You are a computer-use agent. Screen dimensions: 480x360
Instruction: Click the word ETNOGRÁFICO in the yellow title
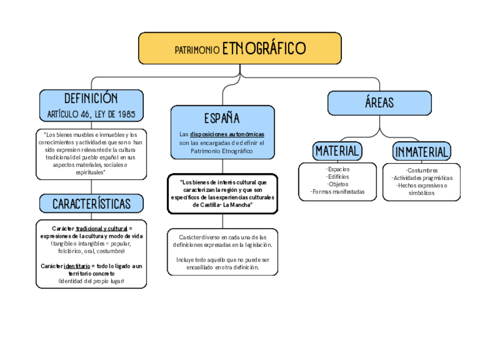[264, 48]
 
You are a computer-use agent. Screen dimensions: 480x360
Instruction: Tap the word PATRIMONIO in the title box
[197, 50]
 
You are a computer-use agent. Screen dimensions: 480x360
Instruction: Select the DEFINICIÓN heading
[91, 98]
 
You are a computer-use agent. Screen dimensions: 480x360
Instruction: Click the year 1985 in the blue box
[126, 114]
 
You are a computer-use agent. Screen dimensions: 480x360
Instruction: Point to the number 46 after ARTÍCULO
[85, 114]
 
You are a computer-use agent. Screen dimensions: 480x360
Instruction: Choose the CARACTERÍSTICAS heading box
[91, 204]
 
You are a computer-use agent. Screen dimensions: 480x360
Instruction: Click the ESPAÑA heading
[222, 118]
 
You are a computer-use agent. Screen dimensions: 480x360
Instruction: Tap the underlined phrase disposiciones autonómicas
[227, 134]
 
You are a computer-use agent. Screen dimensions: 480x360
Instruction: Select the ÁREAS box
[380, 103]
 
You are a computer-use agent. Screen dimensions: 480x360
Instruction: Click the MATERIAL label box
[337, 151]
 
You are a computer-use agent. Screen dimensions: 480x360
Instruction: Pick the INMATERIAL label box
[422, 152]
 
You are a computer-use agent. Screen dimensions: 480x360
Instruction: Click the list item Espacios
[338, 169]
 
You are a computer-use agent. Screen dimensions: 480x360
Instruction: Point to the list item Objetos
[338, 185]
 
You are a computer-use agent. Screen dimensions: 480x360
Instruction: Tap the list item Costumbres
[422, 170]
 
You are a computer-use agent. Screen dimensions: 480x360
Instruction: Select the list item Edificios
[338, 177]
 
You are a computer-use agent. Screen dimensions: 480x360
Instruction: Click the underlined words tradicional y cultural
[102, 229]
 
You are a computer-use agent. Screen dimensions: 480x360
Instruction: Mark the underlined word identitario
[77, 266]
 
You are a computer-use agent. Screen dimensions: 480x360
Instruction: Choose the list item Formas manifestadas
[338, 192]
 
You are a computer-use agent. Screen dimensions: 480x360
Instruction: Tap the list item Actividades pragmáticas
[422, 178]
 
